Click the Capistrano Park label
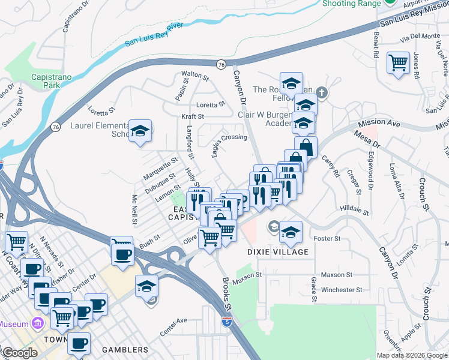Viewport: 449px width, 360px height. [x=46, y=80]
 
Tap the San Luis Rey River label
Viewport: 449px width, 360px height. [x=154, y=35]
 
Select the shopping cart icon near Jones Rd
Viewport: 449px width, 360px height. [x=398, y=62]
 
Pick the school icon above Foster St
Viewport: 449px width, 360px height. [x=291, y=232]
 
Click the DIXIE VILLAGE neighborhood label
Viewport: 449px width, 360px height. [x=278, y=252]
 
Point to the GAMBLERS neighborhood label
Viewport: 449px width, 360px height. [x=125, y=350]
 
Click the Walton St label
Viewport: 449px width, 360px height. [x=195, y=77]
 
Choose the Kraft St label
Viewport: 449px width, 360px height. [x=193, y=116]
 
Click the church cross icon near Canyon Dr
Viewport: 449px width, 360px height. [x=322, y=92]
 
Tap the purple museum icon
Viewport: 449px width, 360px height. [x=38, y=324]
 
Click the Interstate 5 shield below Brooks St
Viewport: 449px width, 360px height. [x=226, y=322]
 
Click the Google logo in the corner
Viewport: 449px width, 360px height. [x=19, y=353]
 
